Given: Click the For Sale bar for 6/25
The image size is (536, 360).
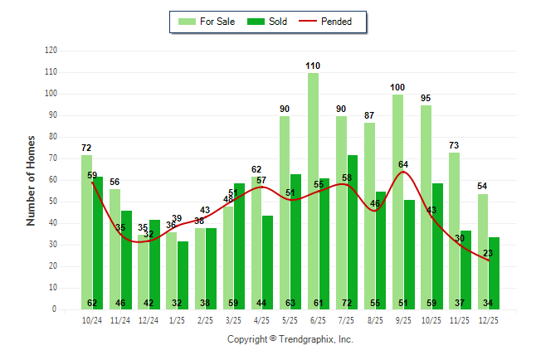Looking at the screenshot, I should (x=313, y=191).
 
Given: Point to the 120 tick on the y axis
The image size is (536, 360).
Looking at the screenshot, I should (x=51, y=51).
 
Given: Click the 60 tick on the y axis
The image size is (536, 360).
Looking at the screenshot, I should (x=53, y=180).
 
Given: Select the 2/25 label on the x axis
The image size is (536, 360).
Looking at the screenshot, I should (x=205, y=319).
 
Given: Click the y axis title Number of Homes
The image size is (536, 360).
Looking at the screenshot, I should (x=31, y=180).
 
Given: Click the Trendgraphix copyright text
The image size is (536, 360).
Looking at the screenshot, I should (x=290, y=339).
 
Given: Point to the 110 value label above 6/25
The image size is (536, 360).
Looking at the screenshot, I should (x=313, y=66).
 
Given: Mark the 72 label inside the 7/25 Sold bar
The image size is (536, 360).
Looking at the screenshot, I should (x=353, y=303).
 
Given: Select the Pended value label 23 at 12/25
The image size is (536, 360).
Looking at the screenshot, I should (x=488, y=253).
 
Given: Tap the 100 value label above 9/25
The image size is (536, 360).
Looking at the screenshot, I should (x=397, y=87).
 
